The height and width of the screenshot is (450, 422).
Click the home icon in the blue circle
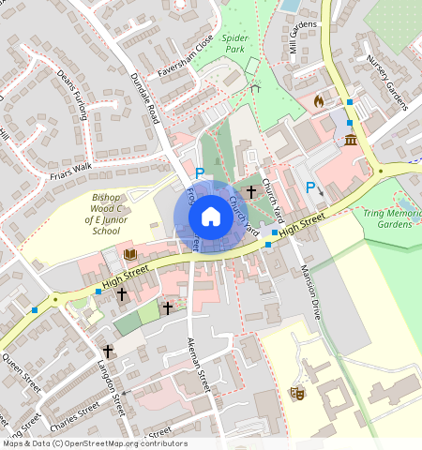211,217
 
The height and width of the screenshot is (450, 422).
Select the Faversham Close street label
185,60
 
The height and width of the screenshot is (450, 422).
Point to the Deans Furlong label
71,94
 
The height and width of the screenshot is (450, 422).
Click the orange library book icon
129,254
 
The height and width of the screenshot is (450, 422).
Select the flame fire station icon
318,99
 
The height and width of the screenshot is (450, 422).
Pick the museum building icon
351,141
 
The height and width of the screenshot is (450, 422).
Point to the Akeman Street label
198,366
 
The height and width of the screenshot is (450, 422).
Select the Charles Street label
75,411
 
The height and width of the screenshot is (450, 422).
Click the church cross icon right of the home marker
250,191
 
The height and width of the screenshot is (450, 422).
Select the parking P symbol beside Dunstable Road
200,172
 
